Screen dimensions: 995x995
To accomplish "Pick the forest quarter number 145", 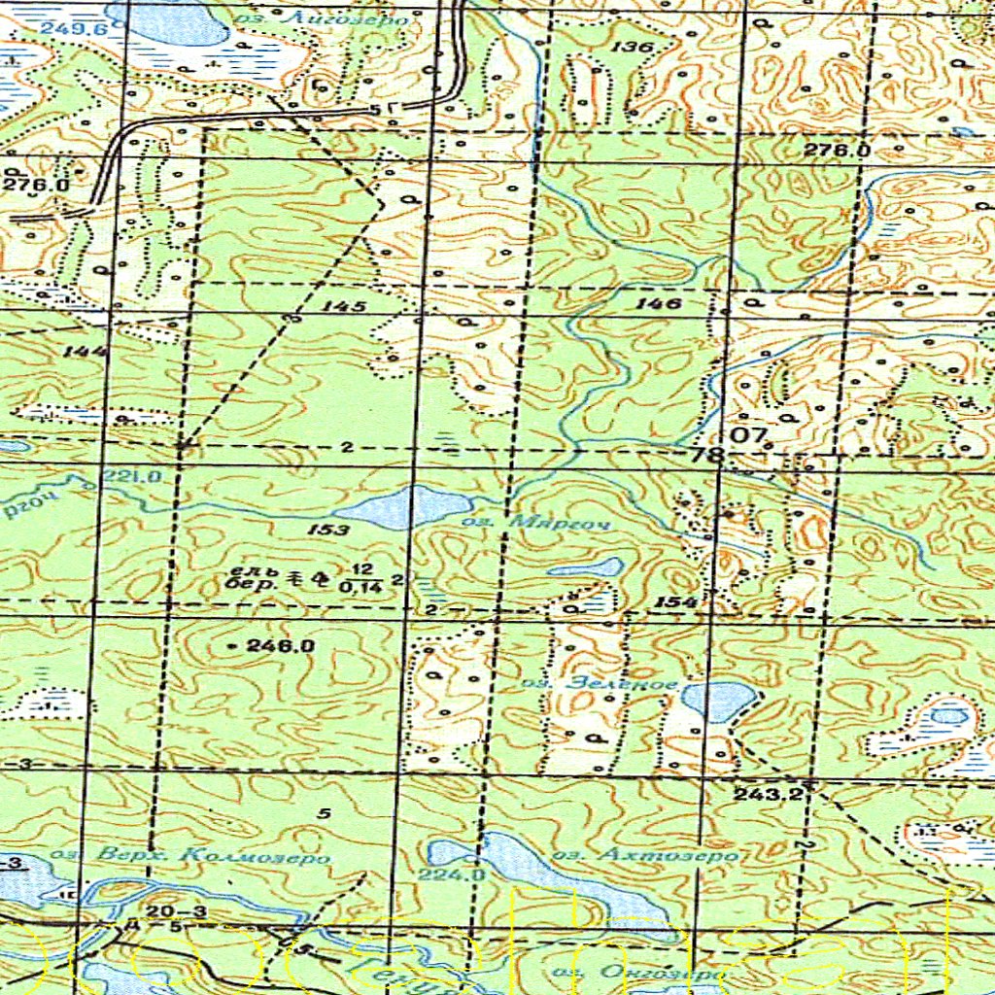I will point(345,306).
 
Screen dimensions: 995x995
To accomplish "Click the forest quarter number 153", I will point(331,530).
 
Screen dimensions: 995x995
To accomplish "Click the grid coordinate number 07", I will point(749,434).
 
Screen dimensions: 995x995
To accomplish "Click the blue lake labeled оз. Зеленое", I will point(717,701).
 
